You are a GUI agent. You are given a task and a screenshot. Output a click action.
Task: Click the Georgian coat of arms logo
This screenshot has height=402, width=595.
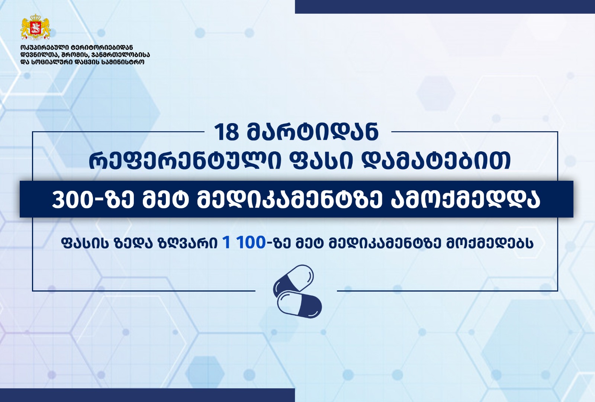(x=36, y=27)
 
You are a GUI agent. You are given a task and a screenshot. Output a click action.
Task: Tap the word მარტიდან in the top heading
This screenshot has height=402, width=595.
(x=313, y=132)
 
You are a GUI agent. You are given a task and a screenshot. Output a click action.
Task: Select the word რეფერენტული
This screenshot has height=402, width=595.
(x=184, y=160)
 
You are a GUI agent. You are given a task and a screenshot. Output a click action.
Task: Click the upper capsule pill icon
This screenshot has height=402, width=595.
(x=293, y=282)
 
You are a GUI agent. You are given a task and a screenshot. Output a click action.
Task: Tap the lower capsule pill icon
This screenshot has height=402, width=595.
(x=299, y=304)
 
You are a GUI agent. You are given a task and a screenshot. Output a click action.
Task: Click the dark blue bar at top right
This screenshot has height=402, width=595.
(x=445, y=7)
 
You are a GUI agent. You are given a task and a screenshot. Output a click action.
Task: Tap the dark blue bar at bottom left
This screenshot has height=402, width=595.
(x=147, y=395)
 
